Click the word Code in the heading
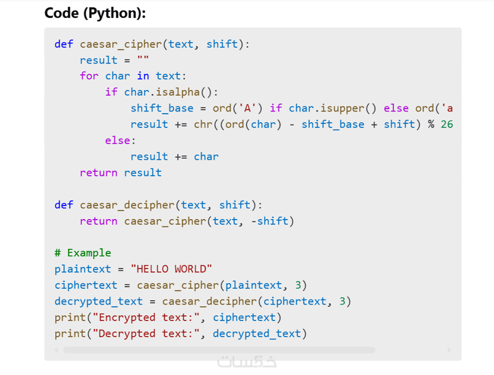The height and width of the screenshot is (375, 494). [x=61, y=13]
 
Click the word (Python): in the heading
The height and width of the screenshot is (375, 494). [x=114, y=14]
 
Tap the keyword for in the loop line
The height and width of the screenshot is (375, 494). [x=89, y=76]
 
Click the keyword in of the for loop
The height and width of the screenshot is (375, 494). [x=143, y=76]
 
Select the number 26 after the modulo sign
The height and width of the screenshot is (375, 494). [x=447, y=124]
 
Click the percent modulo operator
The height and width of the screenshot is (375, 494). [x=431, y=124]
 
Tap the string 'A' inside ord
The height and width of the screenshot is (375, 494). [x=247, y=108]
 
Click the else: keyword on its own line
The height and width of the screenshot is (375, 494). [x=121, y=140]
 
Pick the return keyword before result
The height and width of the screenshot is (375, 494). [x=99, y=173]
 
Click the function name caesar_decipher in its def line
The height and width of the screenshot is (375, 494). [x=127, y=205]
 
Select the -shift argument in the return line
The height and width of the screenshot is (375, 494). [x=270, y=221]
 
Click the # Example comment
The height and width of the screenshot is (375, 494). [x=83, y=253]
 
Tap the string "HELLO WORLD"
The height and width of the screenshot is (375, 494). [x=171, y=269]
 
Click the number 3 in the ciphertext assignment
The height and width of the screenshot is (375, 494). [x=298, y=285]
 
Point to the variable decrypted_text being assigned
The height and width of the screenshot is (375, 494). [x=99, y=302]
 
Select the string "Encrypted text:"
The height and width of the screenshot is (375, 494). [x=146, y=318]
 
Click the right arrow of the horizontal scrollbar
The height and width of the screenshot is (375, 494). [x=449, y=350]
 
